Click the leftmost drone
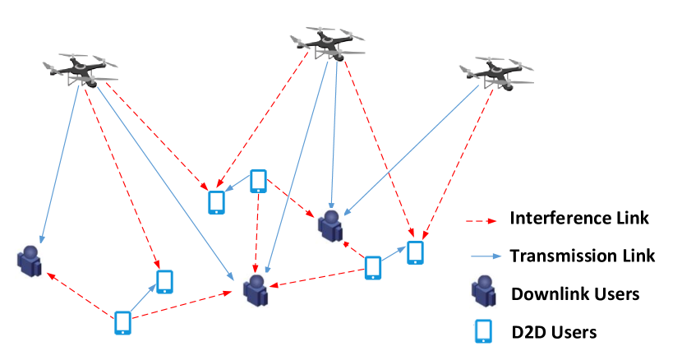tap(81, 70)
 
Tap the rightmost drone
tap(497, 73)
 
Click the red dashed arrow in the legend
tap(482, 221)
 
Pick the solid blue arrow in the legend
tap(486, 256)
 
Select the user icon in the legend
tap(483, 291)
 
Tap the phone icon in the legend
tap(484, 331)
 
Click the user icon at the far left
tap(30, 261)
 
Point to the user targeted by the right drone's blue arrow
tap(329, 226)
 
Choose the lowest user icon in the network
tap(255, 290)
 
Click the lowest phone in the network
tap(122, 323)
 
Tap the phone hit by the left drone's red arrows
tap(216, 202)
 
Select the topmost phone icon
tap(258, 181)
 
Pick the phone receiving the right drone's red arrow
tap(415, 252)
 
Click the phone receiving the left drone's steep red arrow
tap(164, 282)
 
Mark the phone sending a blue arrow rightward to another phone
tap(373, 268)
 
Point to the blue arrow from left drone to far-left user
tap(60, 164)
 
